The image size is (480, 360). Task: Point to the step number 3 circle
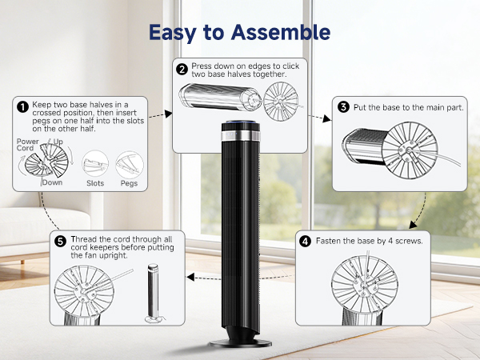click(343, 107)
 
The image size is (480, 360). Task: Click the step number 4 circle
click(305, 240)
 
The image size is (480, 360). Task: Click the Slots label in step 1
click(94, 183)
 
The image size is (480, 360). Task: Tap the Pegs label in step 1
click(129, 183)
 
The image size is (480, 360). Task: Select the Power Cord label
click(28, 145)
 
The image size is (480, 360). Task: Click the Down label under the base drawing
click(54, 182)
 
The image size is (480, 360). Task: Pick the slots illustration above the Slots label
click(95, 163)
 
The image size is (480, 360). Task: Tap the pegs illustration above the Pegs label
click(130, 163)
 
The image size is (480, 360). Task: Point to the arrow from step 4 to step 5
click(240, 277)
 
